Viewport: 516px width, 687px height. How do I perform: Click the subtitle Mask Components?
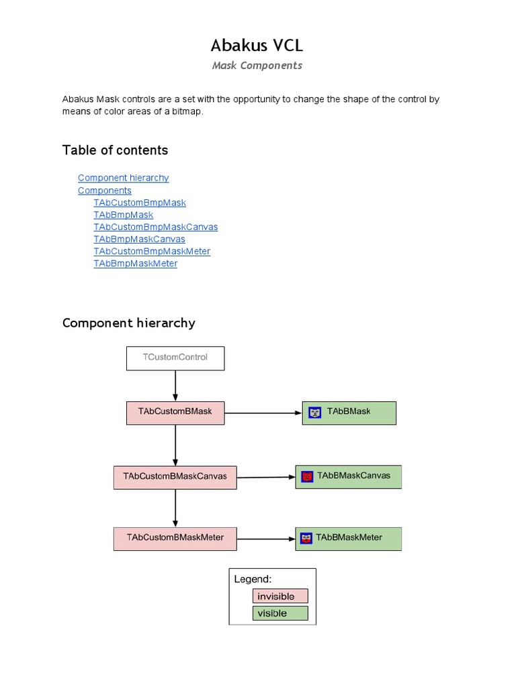click(257, 66)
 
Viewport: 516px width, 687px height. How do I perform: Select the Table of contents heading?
click(115, 150)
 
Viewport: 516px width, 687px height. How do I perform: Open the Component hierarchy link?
click(123, 178)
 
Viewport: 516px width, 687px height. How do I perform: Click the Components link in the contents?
click(104, 191)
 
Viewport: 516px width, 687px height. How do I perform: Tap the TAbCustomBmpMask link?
click(140, 203)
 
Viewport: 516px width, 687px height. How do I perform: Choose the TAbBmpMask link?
click(124, 215)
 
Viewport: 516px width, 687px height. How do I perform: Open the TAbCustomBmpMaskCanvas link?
click(156, 227)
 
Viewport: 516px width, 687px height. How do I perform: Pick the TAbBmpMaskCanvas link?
click(139, 239)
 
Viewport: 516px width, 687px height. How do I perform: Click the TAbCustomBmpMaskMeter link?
click(152, 251)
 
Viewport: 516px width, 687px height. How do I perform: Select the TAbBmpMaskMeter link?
click(136, 264)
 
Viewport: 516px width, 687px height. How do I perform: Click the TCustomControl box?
click(175, 358)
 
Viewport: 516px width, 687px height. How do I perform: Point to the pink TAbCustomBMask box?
click(175, 413)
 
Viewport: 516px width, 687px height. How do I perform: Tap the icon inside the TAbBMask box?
click(314, 413)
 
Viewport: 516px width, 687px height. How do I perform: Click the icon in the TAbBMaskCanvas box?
click(308, 477)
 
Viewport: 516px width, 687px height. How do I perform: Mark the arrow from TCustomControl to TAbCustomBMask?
click(175, 386)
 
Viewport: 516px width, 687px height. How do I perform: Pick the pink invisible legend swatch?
click(280, 596)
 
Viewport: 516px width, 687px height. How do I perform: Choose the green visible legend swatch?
click(280, 613)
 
